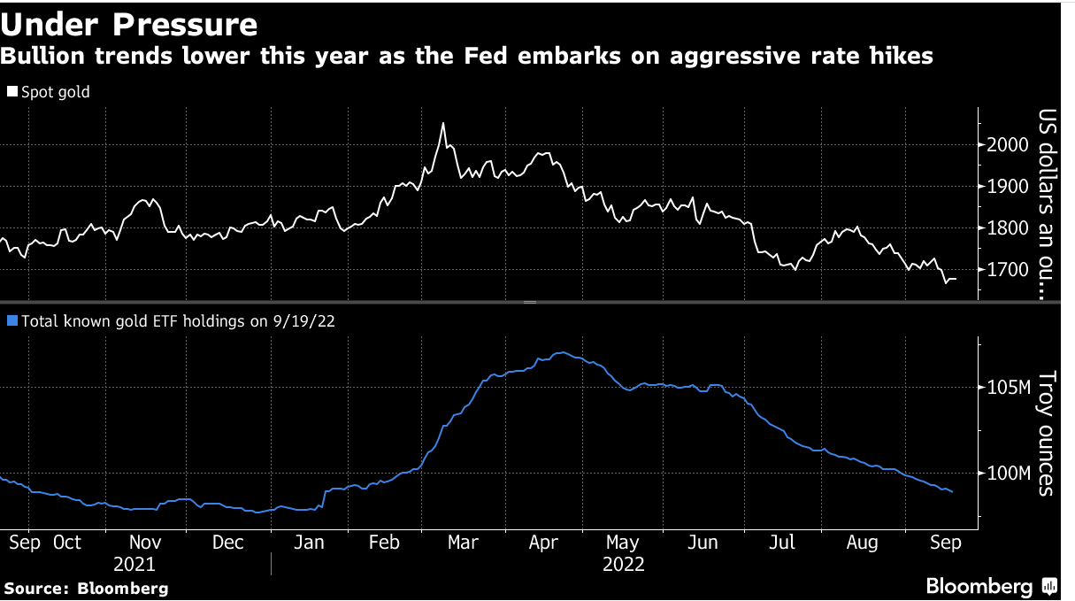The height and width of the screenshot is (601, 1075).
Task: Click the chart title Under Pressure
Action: (131, 24)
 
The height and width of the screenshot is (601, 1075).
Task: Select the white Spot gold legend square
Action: (12, 91)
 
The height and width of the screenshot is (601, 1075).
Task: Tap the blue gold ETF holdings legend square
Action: (12, 321)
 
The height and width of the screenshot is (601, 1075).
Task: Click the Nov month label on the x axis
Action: (145, 543)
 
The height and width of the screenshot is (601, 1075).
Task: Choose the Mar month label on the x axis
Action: (463, 543)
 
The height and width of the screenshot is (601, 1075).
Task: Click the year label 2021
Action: (134, 564)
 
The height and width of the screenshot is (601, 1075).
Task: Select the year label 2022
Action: (623, 564)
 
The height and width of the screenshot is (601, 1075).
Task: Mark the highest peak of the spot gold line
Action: (442, 124)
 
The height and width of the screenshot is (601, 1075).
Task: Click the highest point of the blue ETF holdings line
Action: (561, 352)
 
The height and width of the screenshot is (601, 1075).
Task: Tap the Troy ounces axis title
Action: (1047, 433)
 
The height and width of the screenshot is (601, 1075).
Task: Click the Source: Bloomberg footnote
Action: (86, 588)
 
